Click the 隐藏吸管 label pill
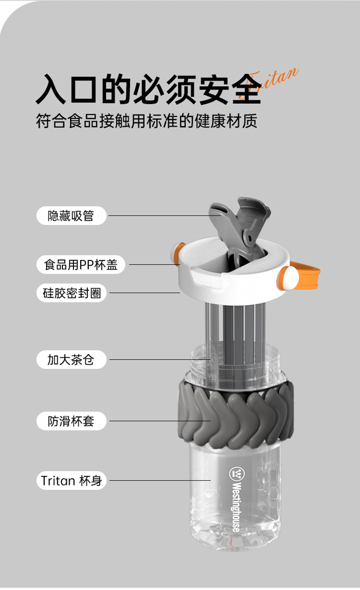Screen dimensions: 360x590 click(71, 215)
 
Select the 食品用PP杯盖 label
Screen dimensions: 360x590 click(81, 264)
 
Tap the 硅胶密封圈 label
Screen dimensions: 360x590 click(72, 292)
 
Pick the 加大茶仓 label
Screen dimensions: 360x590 click(72, 359)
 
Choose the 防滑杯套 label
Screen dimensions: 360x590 click(72, 421)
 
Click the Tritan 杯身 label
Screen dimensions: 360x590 click(72, 480)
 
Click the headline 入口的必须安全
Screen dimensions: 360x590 click(149, 89)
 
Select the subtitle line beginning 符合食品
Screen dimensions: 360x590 click(147, 121)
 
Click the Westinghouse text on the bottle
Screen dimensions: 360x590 click(237, 507)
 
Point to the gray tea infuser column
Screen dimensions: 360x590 click(235, 345)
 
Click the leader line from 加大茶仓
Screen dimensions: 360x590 click(160, 359)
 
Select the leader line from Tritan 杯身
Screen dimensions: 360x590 click(160, 480)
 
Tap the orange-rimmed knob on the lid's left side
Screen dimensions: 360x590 click(177, 253)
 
